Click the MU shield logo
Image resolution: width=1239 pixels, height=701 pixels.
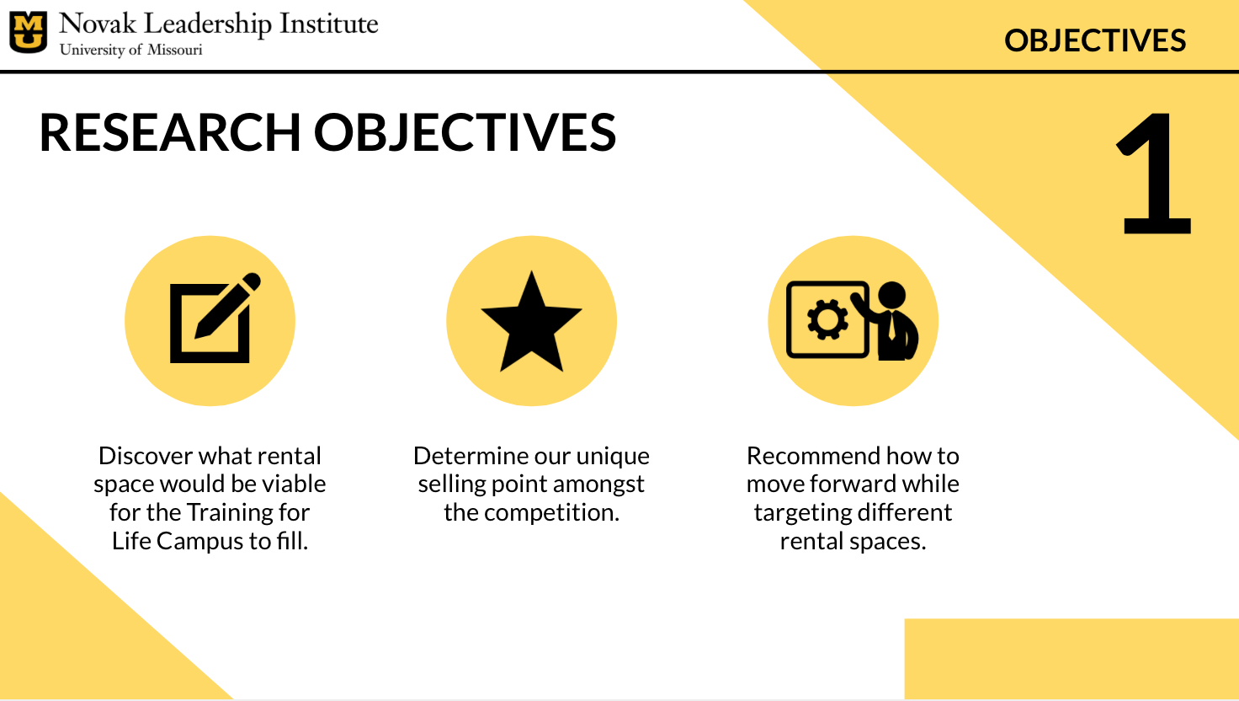pyautogui.click(x=29, y=32)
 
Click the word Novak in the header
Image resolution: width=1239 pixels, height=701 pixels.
pyautogui.click(x=98, y=24)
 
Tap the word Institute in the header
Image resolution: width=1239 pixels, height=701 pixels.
pyautogui.click(x=328, y=24)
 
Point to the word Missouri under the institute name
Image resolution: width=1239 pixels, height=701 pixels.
pyautogui.click(x=175, y=50)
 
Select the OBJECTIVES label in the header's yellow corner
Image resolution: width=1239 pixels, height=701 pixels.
pyautogui.click(x=1094, y=40)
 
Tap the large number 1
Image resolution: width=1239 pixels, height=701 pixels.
pyautogui.click(x=1154, y=173)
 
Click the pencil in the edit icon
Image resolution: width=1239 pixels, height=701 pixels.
pyautogui.click(x=227, y=305)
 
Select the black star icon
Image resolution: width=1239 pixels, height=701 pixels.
pyautogui.click(x=532, y=321)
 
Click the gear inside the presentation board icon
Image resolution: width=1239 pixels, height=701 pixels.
pyautogui.click(x=827, y=319)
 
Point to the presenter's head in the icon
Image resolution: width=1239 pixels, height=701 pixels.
pyautogui.click(x=891, y=295)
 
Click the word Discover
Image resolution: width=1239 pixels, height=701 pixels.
pyautogui.click(x=146, y=457)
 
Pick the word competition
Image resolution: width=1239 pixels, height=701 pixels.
pyautogui.click(x=551, y=513)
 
